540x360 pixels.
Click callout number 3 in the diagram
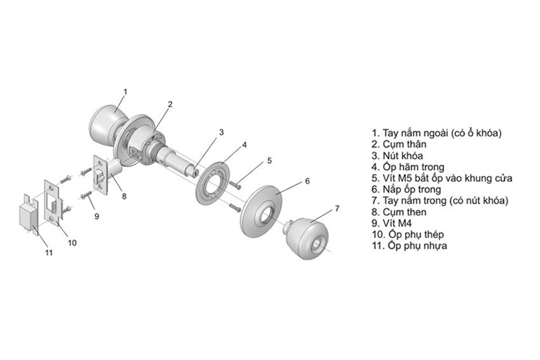click(222, 132)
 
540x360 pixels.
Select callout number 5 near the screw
click(269, 160)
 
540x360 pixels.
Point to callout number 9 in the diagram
click(97, 215)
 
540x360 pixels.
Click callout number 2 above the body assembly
click(169, 104)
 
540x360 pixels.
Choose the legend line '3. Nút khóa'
click(397, 156)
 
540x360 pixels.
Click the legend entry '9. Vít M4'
click(394, 223)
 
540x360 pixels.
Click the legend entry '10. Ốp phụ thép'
click(408, 235)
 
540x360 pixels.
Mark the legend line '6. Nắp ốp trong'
click(407, 189)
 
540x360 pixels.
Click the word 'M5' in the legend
click(404, 179)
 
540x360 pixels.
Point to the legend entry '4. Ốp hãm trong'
click(407, 167)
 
